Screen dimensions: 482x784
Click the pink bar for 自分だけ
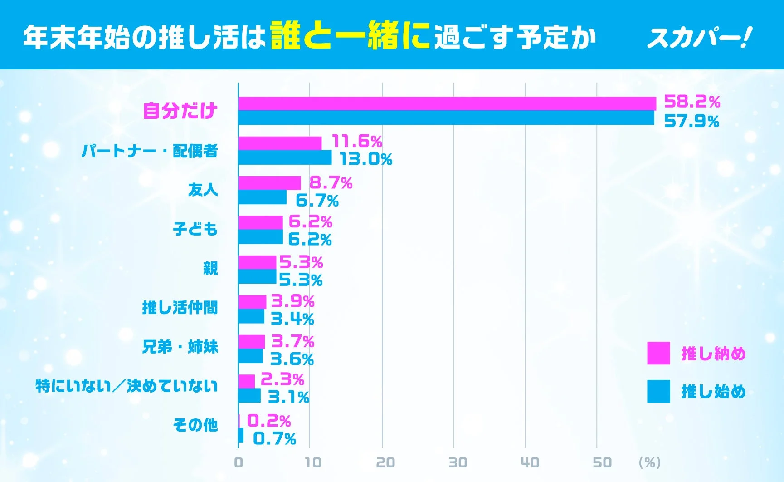tap(447, 103)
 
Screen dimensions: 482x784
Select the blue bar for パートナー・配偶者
tap(285, 158)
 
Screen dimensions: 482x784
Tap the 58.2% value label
tap(692, 102)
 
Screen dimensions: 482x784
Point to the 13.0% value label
tap(366, 159)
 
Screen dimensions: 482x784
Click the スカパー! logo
tap(699, 38)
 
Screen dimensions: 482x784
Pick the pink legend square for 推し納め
tap(658, 353)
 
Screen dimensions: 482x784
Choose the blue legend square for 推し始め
tap(658, 391)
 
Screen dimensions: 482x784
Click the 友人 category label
tap(203, 189)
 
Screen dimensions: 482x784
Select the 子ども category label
tap(195, 229)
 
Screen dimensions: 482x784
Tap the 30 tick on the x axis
tap(457, 462)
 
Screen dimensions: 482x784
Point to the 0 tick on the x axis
tap(239, 462)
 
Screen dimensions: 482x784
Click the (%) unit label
tap(649, 462)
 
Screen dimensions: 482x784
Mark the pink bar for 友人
tap(269, 183)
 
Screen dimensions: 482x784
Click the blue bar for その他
tap(241, 435)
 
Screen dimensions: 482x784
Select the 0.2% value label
tap(268, 421)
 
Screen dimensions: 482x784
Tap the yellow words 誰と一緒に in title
tap(350, 36)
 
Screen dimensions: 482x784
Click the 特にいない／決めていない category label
tap(127, 386)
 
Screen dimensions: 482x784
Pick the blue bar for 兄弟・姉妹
tap(250, 356)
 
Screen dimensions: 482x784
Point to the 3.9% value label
tap(292, 301)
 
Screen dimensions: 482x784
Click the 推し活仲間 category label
tap(180, 308)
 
